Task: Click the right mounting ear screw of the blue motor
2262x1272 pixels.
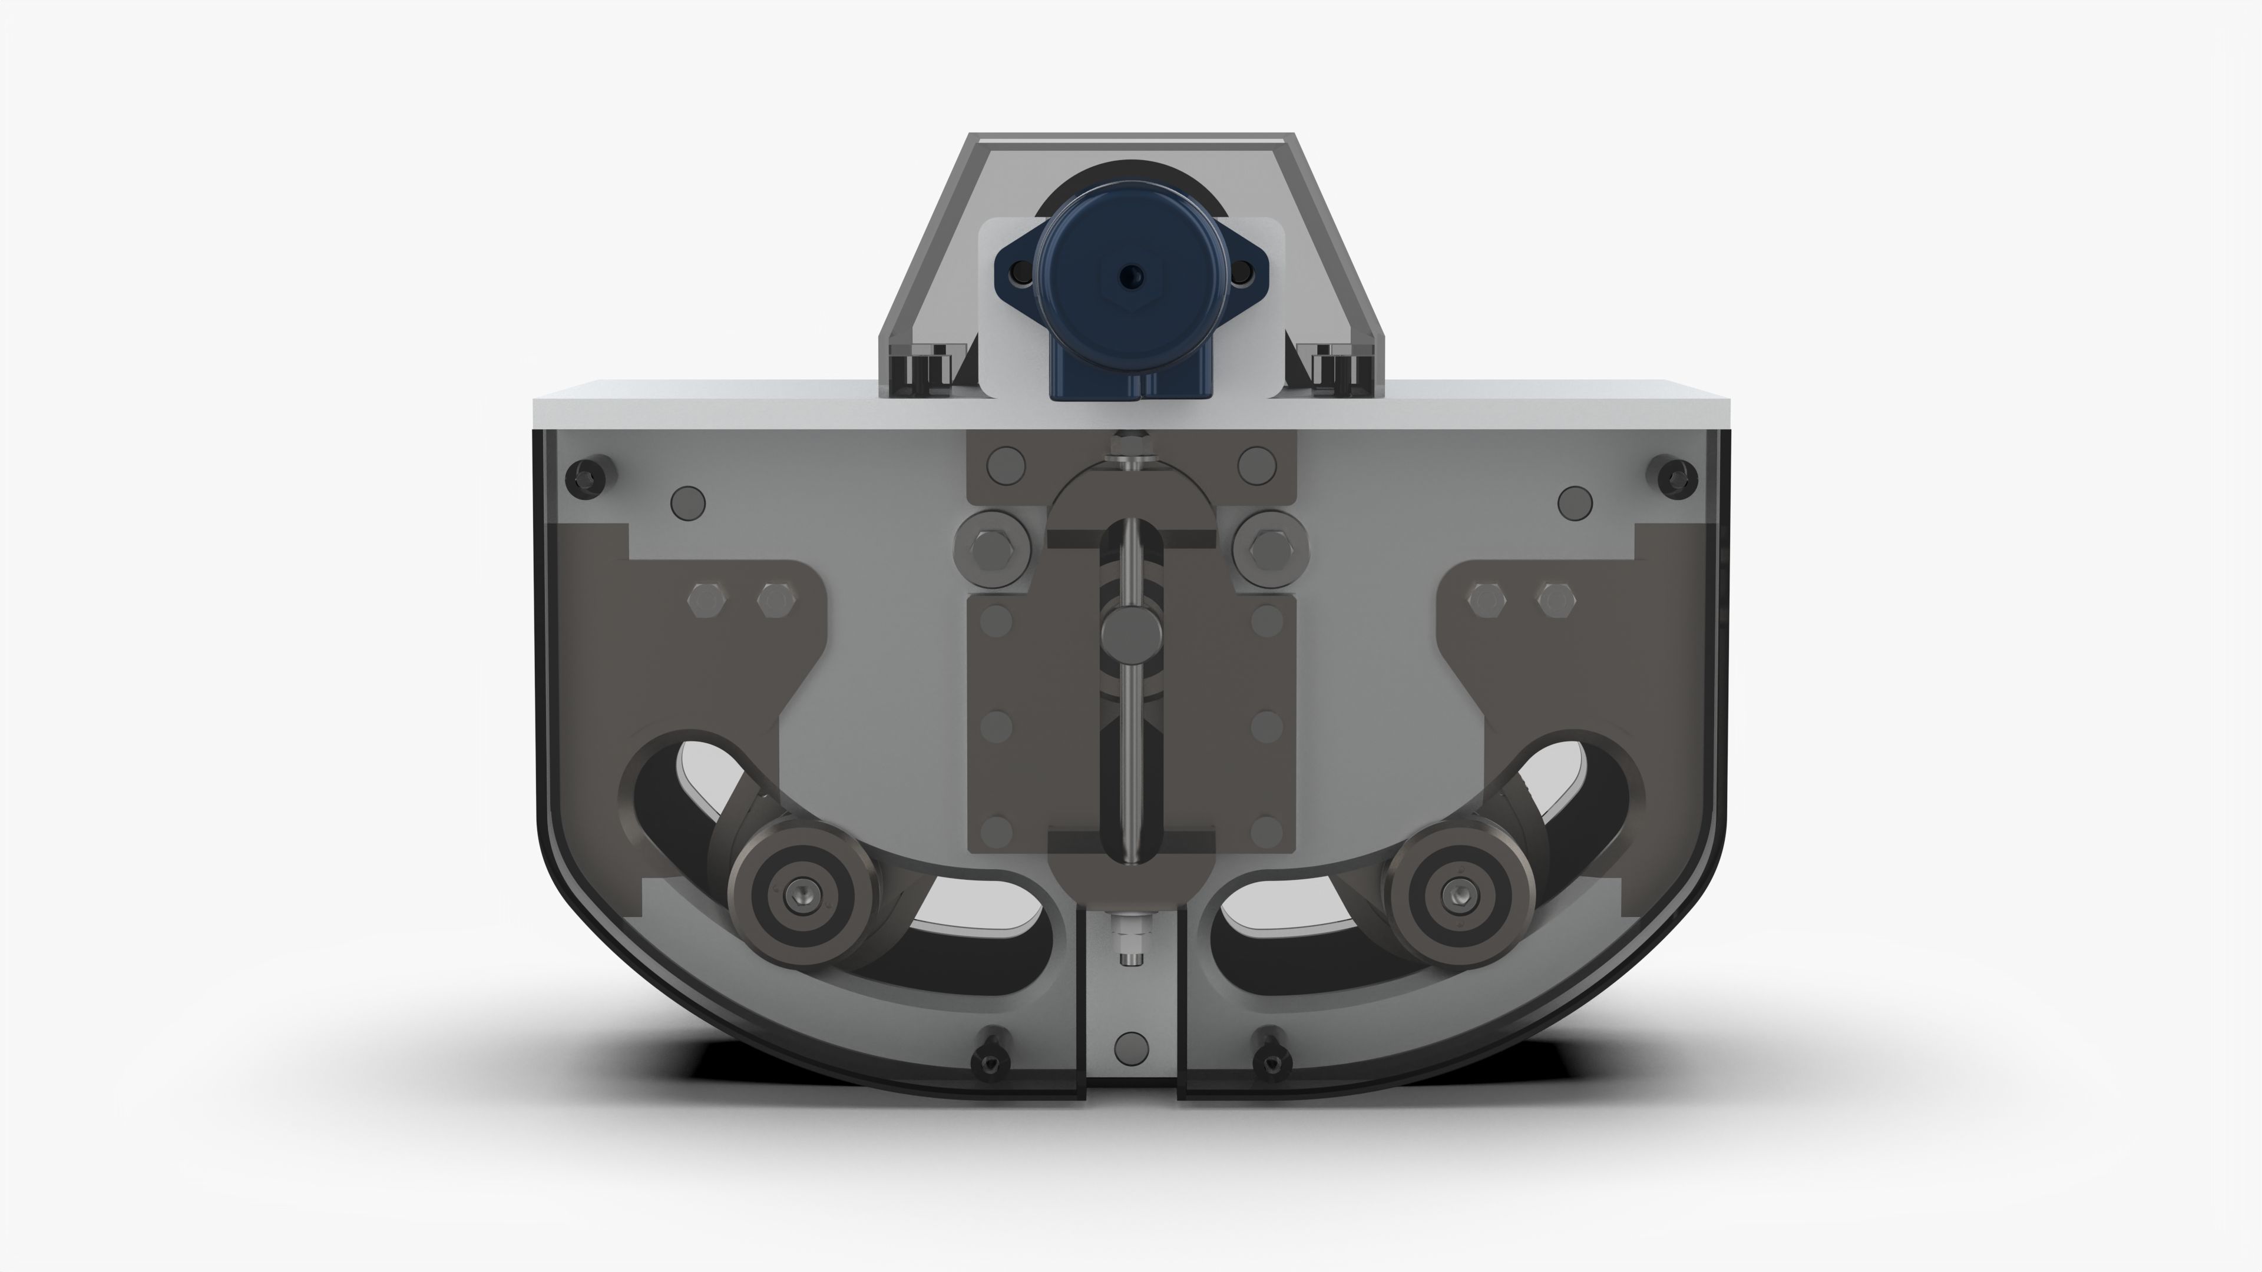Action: pos(1241,276)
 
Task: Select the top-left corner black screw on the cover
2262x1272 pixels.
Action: pos(583,478)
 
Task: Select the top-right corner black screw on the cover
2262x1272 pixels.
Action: pos(1676,478)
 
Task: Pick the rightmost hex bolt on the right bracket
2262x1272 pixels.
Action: pos(1555,601)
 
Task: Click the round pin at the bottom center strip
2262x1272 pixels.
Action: pos(1130,1048)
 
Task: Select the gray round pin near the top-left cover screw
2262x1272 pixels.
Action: pos(687,502)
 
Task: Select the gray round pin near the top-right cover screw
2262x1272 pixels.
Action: pos(1575,502)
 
